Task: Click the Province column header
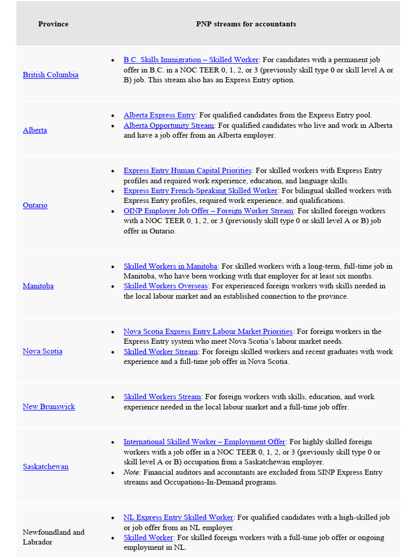[53, 24]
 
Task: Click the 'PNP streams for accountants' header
[246, 24]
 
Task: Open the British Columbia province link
[50, 75]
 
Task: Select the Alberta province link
[35, 130]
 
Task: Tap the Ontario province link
[35, 205]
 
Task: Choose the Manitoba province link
[38, 286]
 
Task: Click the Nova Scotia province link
[42, 351]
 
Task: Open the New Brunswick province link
[49, 406]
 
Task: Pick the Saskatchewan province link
[46, 466]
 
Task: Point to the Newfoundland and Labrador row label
[53, 537]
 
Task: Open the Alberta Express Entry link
[159, 115]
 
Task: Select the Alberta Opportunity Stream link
[169, 125]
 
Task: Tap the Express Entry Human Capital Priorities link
[187, 171]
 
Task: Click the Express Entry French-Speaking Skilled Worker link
[200, 191]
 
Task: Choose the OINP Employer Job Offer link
[208, 211]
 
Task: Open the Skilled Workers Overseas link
[166, 286]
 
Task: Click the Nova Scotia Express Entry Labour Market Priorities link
[208, 332]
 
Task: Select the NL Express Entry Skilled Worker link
[178, 517]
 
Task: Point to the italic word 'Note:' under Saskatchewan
[132, 472]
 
